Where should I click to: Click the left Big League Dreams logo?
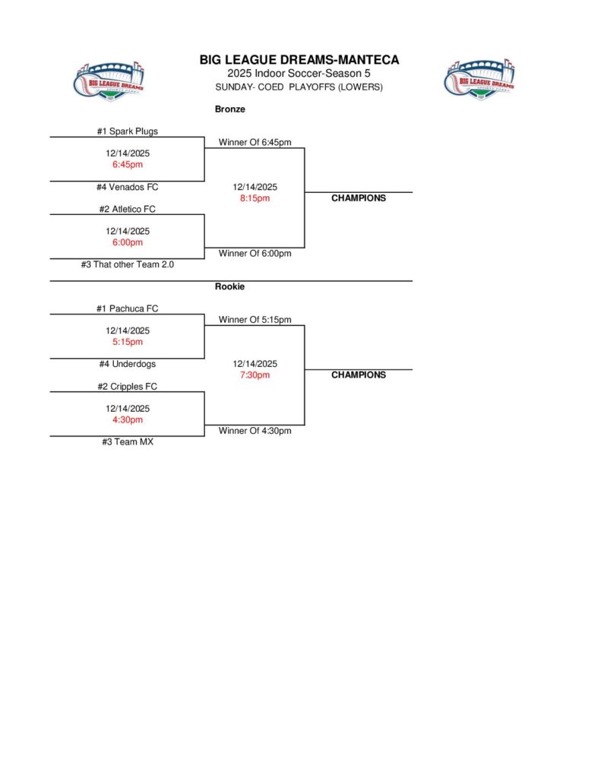pyautogui.click(x=109, y=78)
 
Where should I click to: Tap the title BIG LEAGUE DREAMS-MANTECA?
pyautogui.click(x=299, y=60)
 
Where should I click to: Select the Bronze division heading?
pyautogui.click(x=230, y=109)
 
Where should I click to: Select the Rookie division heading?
pyautogui.click(x=230, y=286)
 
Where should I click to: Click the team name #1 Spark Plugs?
pyautogui.click(x=128, y=131)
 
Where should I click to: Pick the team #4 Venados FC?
pyautogui.click(x=128, y=187)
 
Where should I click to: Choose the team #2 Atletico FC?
pyautogui.click(x=128, y=209)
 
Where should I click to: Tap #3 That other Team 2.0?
pyautogui.click(x=128, y=264)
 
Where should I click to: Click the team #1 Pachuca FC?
pyautogui.click(x=128, y=308)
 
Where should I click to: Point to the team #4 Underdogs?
pyautogui.click(x=128, y=364)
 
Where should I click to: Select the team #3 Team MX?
pyautogui.click(x=128, y=441)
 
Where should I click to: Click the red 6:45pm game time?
pyautogui.click(x=128, y=164)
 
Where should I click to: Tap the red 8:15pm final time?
pyautogui.click(x=255, y=198)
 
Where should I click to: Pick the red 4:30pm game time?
pyautogui.click(x=128, y=419)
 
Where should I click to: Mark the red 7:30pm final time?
pyautogui.click(x=255, y=375)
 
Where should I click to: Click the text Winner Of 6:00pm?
pyautogui.click(x=255, y=254)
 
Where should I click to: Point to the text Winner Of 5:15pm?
pyautogui.click(x=255, y=320)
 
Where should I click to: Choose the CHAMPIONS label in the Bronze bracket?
pyautogui.click(x=359, y=198)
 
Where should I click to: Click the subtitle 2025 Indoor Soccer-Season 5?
pyautogui.click(x=299, y=74)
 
